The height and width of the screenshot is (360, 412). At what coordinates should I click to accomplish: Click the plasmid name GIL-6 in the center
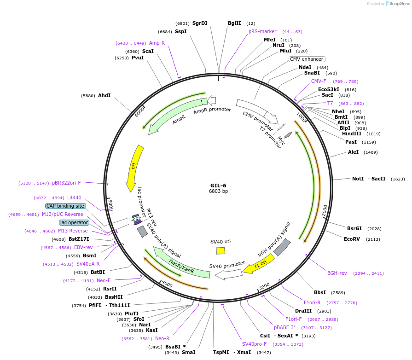(x=218, y=185)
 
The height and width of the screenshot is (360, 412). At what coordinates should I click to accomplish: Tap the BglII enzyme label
(x=234, y=23)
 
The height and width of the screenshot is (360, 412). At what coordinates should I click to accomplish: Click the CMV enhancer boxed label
(x=307, y=59)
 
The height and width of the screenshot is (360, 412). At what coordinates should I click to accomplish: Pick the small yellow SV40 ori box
(x=221, y=250)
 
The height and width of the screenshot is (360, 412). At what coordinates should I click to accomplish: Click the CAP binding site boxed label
(x=65, y=206)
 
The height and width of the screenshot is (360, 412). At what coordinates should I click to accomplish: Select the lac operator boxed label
(x=74, y=222)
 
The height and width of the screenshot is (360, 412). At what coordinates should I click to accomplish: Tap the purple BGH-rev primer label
(x=337, y=273)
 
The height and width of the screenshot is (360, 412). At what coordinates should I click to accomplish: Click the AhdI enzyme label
(x=104, y=95)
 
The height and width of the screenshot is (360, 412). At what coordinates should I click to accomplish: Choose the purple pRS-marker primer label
(x=262, y=31)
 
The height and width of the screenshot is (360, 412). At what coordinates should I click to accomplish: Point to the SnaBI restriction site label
(x=312, y=73)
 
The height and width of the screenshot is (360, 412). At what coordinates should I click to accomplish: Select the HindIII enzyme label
(x=352, y=134)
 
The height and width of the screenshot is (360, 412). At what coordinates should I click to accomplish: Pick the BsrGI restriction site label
(x=354, y=228)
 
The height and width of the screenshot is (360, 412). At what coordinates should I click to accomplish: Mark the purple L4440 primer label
(x=74, y=197)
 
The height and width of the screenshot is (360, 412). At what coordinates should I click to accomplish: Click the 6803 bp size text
(x=218, y=191)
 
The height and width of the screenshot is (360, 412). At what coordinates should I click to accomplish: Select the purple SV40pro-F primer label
(x=254, y=344)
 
